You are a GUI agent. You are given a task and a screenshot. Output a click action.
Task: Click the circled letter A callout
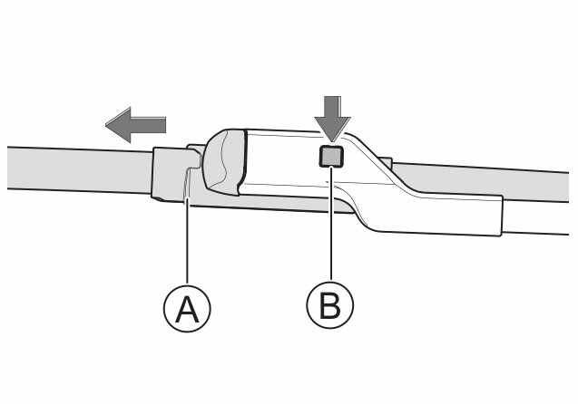pyautogui.click(x=187, y=308)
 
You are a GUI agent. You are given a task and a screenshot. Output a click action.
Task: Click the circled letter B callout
pyautogui.click(x=330, y=304)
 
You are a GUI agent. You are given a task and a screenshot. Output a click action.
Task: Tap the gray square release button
pyautogui.click(x=331, y=156)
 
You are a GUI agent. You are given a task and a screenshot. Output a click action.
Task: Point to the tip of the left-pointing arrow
pyautogui.click(x=106, y=125)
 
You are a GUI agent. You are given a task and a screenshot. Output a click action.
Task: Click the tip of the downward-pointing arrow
pyautogui.click(x=332, y=141)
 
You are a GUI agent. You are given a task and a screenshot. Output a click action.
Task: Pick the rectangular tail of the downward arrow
pyautogui.click(x=332, y=107)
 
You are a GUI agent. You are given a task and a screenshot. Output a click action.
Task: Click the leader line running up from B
pyautogui.click(x=331, y=224)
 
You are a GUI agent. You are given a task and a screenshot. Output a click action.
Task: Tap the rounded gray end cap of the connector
pyautogui.click(x=223, y=162)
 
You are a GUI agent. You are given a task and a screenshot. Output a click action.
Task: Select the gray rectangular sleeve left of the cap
pyautogui.click(x=170, y=174)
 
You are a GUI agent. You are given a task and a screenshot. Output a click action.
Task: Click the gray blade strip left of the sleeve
pyautogui.click(x=79, y=169)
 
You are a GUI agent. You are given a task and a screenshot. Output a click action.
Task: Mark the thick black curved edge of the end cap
pyautogui.click(x=242, y=162)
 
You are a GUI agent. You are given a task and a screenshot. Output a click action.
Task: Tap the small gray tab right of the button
pyautogui.click(x=386, y=163)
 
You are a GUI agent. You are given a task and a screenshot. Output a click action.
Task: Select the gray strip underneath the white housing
pyautogui.click(x=273, y=201)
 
